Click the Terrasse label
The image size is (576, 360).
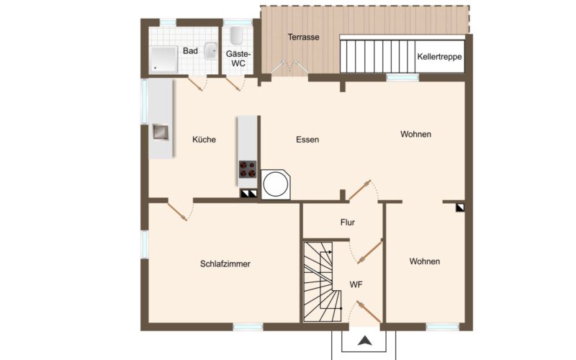tap(303, 37)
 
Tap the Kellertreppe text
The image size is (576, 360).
tap(439, 57)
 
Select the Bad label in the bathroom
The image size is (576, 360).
tap(190, 51)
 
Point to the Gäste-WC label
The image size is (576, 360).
tap(238, 59)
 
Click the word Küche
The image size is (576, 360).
tap(204, 140)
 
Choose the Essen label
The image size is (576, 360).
tap(307, 140)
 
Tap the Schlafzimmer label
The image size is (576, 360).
tap(225, 264)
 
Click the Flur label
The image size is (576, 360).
tap(348, 222)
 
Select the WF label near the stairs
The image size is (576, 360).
tap(356, 284)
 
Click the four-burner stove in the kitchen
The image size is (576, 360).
tap(248, 169)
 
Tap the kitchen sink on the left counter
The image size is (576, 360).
tap(161, 132)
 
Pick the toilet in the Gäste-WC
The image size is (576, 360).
tap(237, 35)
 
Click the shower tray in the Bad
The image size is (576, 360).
tap(163, 60)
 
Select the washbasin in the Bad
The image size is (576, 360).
tap(210, 50)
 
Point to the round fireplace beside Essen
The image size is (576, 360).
tap(276, 184)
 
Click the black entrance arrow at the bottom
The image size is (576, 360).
tap(365, 341)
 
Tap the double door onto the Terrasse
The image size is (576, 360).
tap(290, 66)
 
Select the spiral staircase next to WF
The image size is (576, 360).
tap(323, 282)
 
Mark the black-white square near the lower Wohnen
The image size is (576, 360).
tap(460, 207)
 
